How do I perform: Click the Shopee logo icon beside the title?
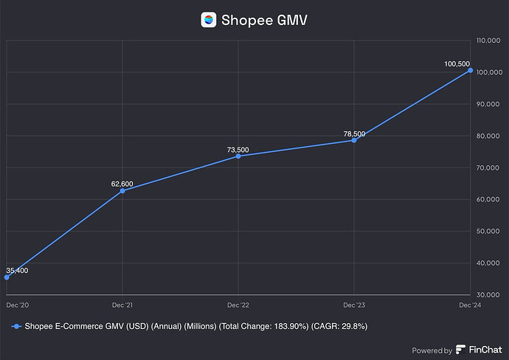pyautogui.click(x=209, y=20)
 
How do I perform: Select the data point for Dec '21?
pyautogui.click(x=122, y=191)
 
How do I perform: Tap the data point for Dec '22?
pyautogui.click(x=238, y=156)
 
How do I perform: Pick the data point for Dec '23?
pyautogui.click(x=354, y=140)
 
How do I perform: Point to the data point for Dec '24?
pyautogui.click(x=470, y=71)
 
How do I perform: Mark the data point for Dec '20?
pyautogui.click(x=7, y=277)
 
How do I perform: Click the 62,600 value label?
pyautogui.click(x=122, y=183)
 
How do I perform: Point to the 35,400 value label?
pyautogui.click(x=17, y=271)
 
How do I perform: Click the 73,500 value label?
pyautogui.click(x=238, y=150)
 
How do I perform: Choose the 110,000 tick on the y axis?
pyautogui.click(x=489, y=41)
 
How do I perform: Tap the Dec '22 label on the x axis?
pyautogui.click(x=238, y=305)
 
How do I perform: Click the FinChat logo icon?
pyautogui.click(x=461, y=350)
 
